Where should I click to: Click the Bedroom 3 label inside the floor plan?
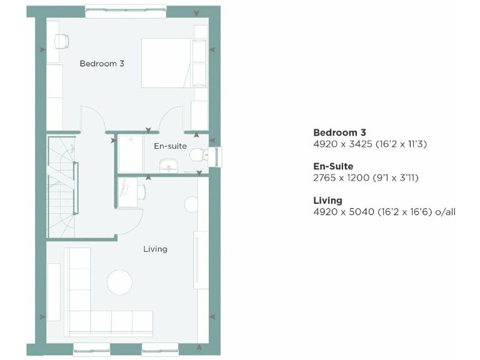coord(101,63)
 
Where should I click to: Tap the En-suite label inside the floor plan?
coord(170,146)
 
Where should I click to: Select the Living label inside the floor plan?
coord(155,249)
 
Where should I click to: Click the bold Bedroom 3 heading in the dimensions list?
coord(339,132)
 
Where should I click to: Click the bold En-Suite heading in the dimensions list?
coord(333,167)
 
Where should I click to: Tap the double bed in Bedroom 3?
coord(166,63)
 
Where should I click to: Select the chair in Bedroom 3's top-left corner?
coord(61,41)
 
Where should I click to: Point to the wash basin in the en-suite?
coord(169,165)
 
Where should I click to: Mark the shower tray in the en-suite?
coord(131,153)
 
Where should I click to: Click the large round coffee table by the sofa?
coord(119,282)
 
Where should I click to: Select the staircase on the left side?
coord(62,187)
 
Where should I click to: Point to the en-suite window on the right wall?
coord(217,157)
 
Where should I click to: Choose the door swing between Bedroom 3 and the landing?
coord(91,120)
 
